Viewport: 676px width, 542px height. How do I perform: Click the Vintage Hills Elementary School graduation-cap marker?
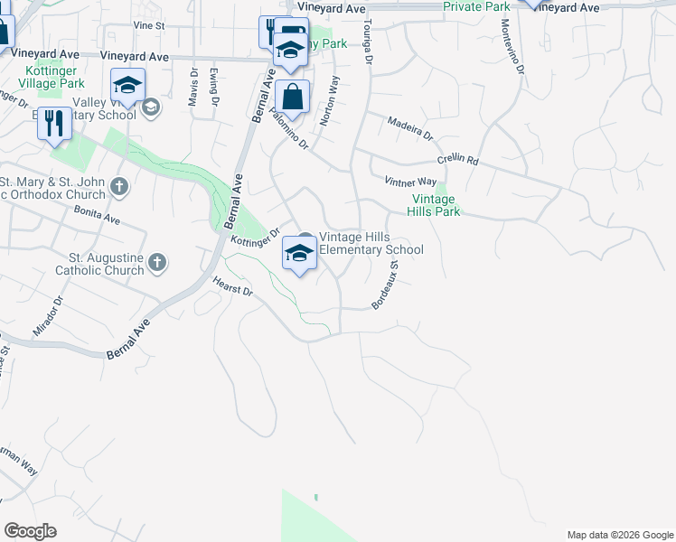click(x=299, y=253)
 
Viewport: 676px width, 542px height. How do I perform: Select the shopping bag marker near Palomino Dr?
click(x=294, y=97)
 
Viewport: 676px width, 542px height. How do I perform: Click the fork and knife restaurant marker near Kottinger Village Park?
click(x=54, y=123)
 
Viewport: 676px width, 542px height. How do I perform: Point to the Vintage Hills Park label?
click(x=437, y=205)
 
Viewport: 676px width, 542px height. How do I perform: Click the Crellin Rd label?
click(x=457, y=160)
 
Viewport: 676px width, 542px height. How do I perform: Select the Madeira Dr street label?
click(x=409, y=128)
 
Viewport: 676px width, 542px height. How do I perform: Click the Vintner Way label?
click(x=410, y=182)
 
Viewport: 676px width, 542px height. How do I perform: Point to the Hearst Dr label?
click(x=233, y=287)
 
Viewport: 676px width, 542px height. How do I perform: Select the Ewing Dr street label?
click(x=215, y=86)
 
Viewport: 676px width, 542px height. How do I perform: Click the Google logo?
click(x=30, y=531)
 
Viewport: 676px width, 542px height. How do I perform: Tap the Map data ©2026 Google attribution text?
click(x=619, y=535)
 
